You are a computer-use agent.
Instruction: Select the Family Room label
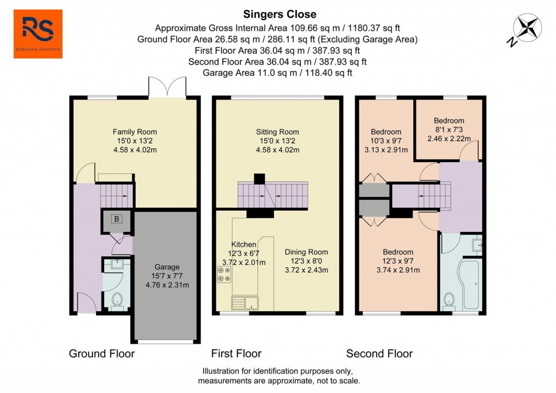point(135,131)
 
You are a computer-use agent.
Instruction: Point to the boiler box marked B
point(116,219)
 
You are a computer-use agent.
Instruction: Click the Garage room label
point(167,267)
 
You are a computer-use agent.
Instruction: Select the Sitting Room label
point(277,131)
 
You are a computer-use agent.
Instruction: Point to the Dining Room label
point(307,252)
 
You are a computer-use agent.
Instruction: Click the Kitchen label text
point(244,244)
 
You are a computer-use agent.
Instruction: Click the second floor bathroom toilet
point(448,300)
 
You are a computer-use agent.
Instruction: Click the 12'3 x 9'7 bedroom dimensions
point(398,261)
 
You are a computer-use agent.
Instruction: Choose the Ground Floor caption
point(102,354)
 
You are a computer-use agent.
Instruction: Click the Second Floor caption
point(380,354)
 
